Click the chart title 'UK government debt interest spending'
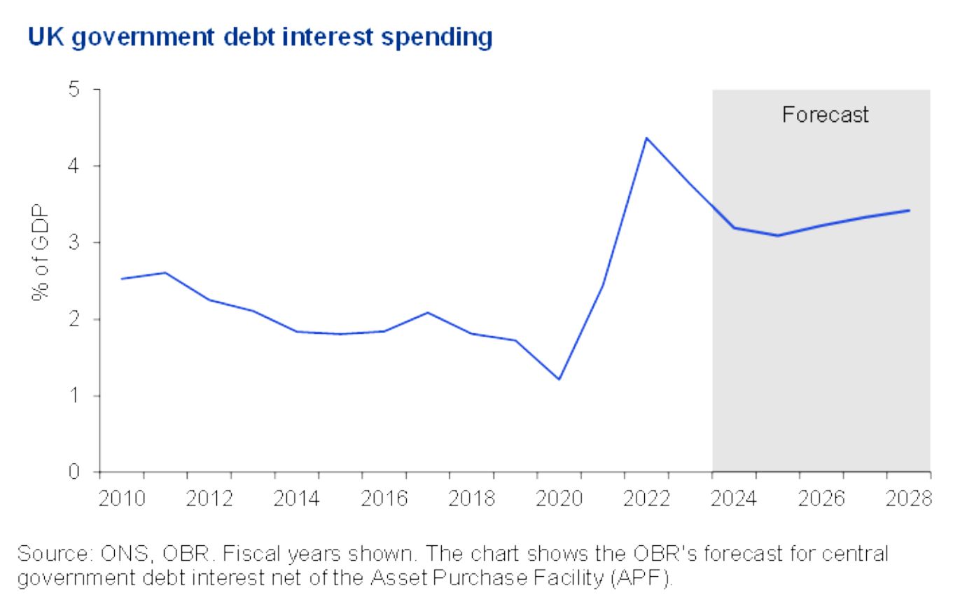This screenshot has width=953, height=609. click(260, 37)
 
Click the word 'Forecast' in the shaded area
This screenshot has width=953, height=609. click(825, 115)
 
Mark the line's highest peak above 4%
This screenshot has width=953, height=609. click(646, 138)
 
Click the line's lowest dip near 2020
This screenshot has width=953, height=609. click(559, 379)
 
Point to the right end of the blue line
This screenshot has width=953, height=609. click(909, 210)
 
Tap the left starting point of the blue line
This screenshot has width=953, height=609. click(122, 279)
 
